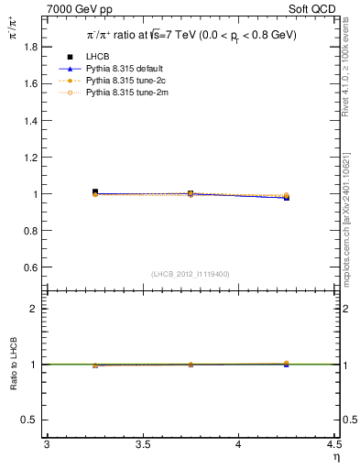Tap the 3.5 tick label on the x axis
click(142, 444)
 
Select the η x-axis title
click(334, 456)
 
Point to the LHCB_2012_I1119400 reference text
click(191, 274)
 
